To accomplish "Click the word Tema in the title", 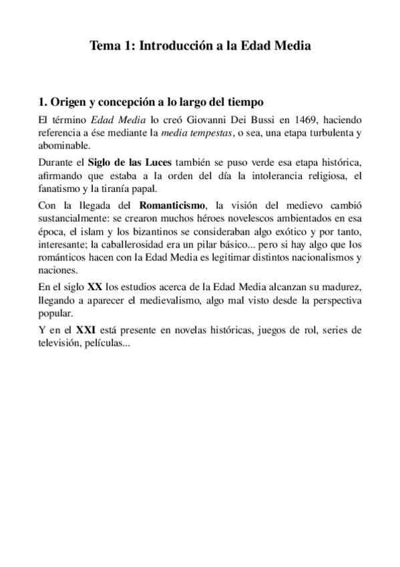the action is pos(104,47).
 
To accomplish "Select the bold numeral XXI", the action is pos(84,330).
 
